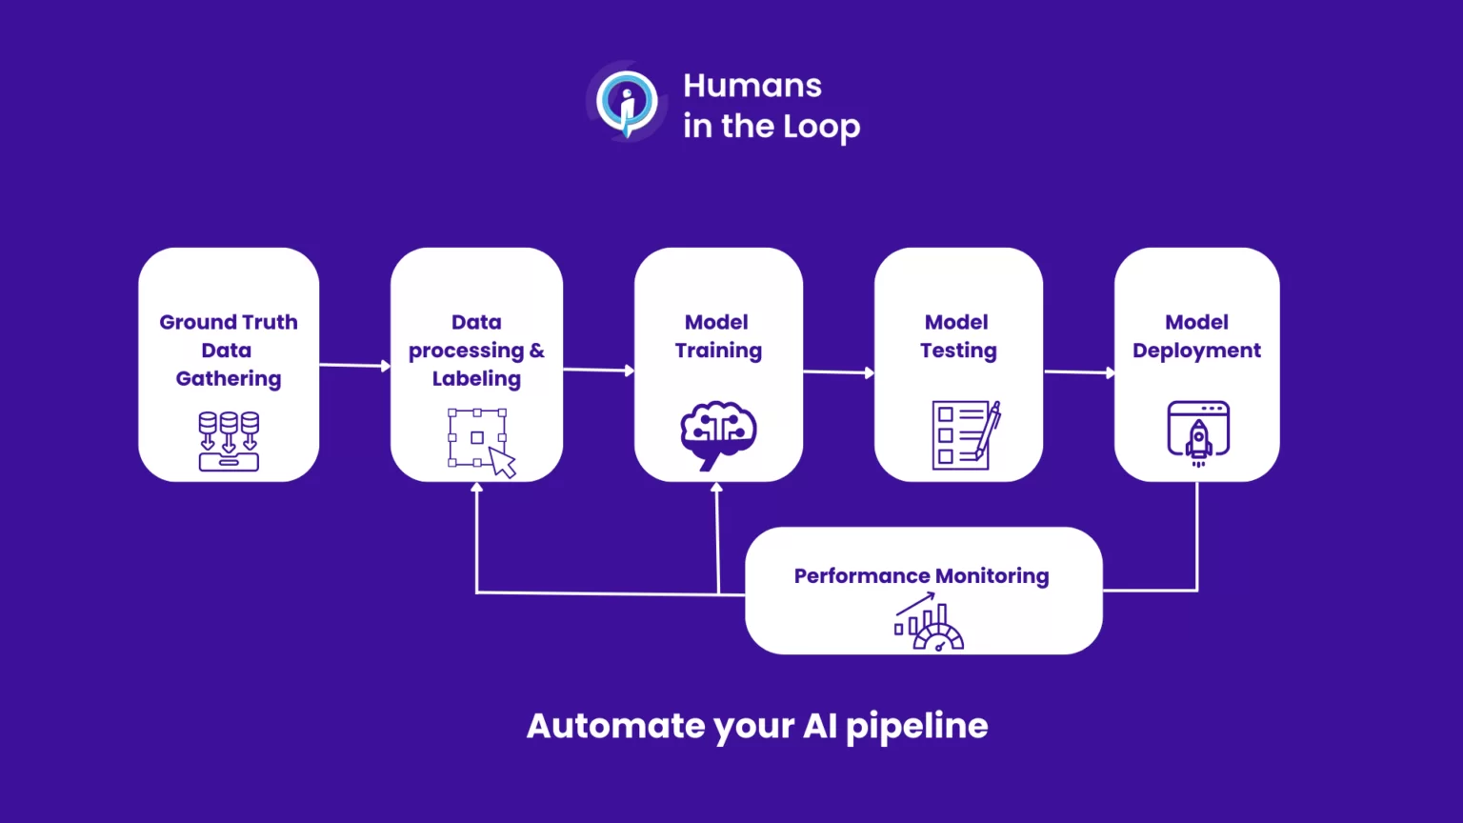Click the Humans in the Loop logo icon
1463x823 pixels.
pyautogui.click(x=626, y=101)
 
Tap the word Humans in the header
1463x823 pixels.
pyautogui.click(x=752, y=86)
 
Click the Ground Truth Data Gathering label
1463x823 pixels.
pyautogui.click(x=229, y=350)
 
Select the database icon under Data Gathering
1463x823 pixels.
pyautogui.click(x=229, y=441)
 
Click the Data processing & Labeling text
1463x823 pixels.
pyautogui.click(x=476, y=350)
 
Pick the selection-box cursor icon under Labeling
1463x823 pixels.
pyautogui.click(x=481, y=442)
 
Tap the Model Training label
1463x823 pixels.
pyautogui.click(x=718, y=336)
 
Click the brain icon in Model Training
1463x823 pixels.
pyautogui.click(x=718, y=434)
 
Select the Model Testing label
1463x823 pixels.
pyautogui.click(x=958, y=336)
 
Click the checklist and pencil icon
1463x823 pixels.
pyautogui.click(x=965, y=435)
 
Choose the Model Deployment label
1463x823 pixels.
pyautogui.click(x=1196, y=336)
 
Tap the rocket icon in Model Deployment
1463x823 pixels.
pyautogui.click(x=1198, y=433)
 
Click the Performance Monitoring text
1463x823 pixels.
pyautogui.click(x=921, y=576)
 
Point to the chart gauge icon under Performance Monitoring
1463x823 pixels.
pyautogui.click(x=929, y=622)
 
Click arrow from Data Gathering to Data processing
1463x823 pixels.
pyautogui.click(x=354, y=365)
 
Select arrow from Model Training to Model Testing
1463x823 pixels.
pyautogui.click(x=838, y=372)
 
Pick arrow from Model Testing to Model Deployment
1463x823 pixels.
pyautogui.click(x=1079, y=372)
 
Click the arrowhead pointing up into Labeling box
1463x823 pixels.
pyautogui.click(x=477, y=488)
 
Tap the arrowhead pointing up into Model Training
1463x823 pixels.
pyautogui.click(x=717, y=488)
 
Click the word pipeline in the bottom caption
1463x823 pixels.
pyautogui.click(x=916, y=726)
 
